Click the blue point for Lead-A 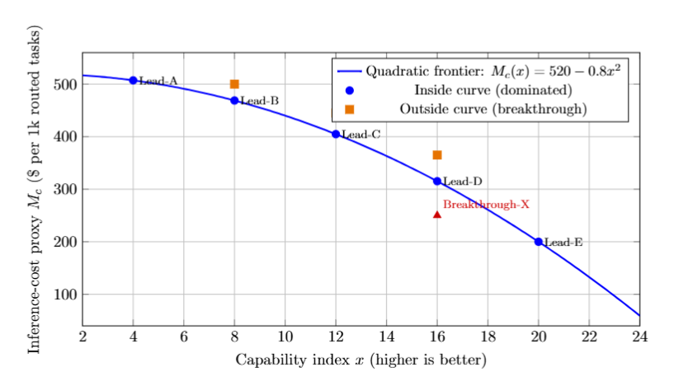click(x=133, y=80)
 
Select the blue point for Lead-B click(x=234, y=101)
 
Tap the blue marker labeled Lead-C click(x=336, y=134)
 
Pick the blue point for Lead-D click(x=437, y=181)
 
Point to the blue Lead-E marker click(x=539, y=242)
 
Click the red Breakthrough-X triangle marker click(x=437, y=214)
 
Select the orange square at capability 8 click(x=234, y=84)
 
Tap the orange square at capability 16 click(x=437, y=155)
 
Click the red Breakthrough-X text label click(x=486, y=204)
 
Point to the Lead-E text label click(x=564, y=243)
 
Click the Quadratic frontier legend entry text click(x=492, y=71)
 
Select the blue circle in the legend click(x=349, y=90)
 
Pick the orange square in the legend click(x=349, y=109)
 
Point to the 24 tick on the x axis click(x=639, y=337)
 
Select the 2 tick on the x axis click(x=82, y=337)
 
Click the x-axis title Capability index click(x=361, y=360)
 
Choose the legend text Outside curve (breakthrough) click(x=493, y=109)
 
